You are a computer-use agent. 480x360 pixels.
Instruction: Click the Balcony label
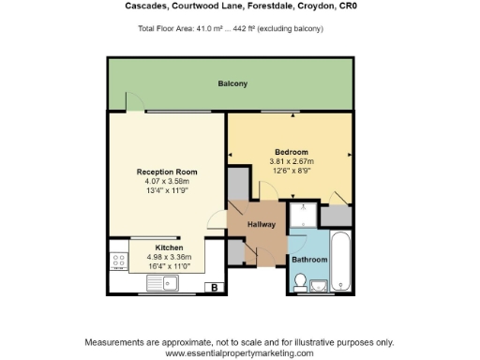tap(232, 84)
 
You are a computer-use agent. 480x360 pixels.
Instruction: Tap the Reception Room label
tap(167, 172)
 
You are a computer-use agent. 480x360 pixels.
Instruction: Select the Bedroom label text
tap(292, 152)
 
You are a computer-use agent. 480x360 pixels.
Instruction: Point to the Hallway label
tap(261, 225)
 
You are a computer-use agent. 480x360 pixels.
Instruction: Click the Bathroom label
tap(309, 259)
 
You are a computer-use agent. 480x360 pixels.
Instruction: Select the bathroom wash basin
tap(318, 285)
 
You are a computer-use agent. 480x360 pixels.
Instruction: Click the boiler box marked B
tap(215, 287)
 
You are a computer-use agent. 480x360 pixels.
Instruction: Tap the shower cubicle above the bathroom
tap(303, 217)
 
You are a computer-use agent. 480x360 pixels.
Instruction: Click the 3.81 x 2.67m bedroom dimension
tap(292, 160)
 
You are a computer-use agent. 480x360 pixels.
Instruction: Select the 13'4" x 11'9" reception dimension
tap(167, 190)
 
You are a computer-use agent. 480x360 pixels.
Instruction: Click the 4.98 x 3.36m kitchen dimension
tap(169, 256)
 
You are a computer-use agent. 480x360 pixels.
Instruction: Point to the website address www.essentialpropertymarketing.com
tap(239, 353)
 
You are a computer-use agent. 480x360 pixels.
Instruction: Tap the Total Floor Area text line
tap(231, 29)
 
